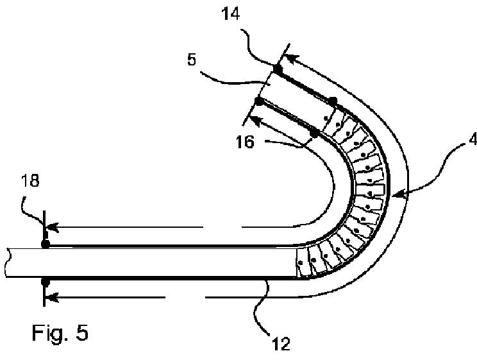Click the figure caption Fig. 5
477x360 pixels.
(x=60, y=333)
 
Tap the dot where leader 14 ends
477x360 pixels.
(x=278, y=69)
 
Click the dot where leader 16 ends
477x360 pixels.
(x=315, y=133)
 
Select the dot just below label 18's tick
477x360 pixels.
(x=45, y=243)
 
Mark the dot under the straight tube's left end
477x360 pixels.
(x=45, y=281)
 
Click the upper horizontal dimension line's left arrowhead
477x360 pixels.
(x=53, y=227)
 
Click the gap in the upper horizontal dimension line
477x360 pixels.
(x=222, y=227)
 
